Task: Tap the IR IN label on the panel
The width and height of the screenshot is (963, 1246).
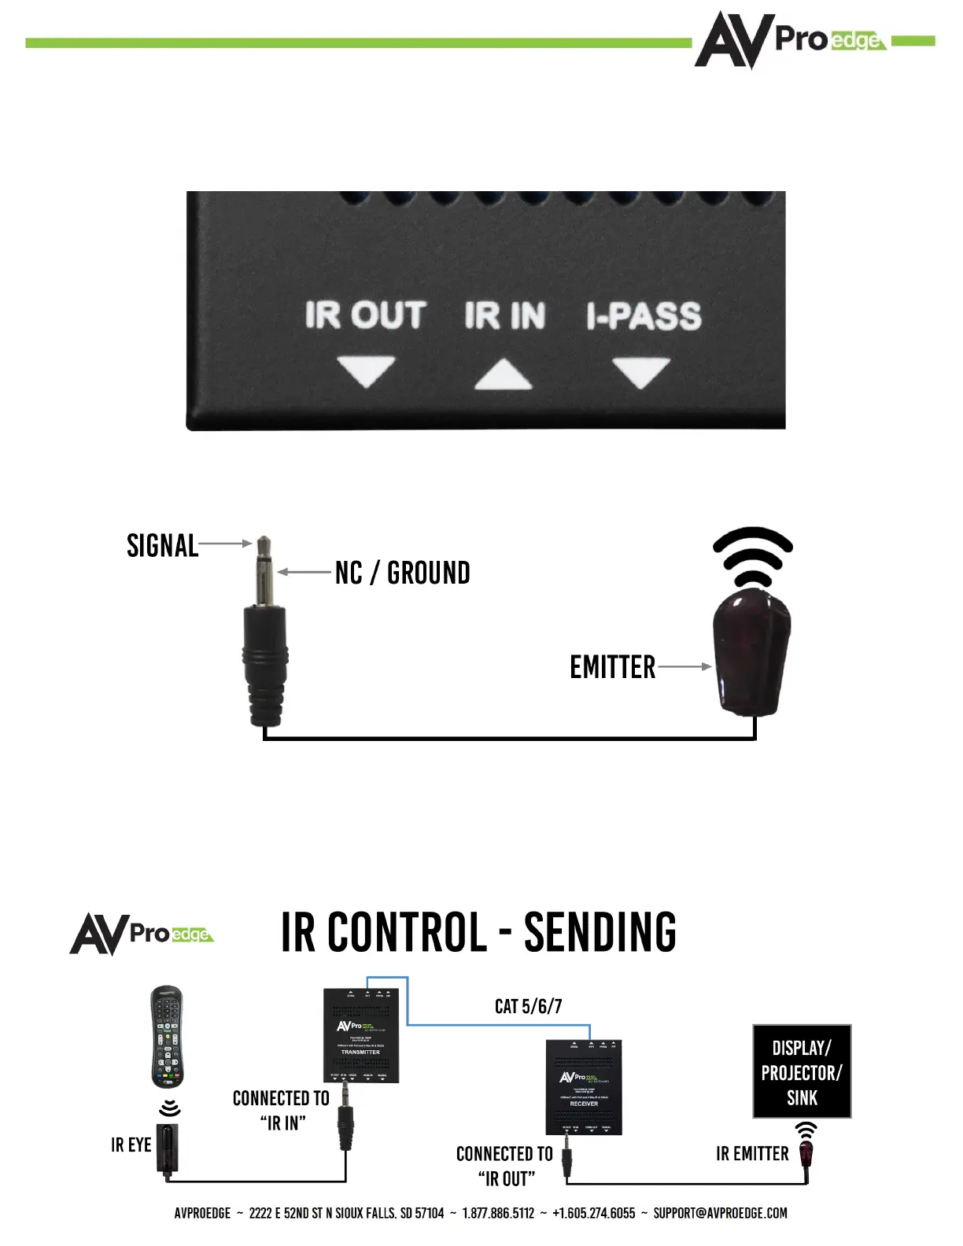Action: [x=504, y=315]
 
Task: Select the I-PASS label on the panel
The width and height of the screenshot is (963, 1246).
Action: [x=644, y=316]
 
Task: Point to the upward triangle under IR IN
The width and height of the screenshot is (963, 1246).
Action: [x=504, y=376]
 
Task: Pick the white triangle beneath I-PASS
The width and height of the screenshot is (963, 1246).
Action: [x=641, y=370]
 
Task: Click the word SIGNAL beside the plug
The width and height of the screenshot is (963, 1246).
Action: [x=162, y=545]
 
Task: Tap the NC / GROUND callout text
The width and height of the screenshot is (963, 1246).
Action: [x=402, y=573]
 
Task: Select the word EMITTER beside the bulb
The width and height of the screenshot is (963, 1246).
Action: [x=612, y=667]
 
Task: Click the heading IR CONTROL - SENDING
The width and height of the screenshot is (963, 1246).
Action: [x=478, y=932]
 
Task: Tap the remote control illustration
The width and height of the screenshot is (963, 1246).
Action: [x=167, y=1036]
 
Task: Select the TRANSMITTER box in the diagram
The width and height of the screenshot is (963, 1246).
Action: [x=361, y=1035]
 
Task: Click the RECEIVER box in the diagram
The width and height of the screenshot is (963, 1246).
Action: [x=584, y=1087]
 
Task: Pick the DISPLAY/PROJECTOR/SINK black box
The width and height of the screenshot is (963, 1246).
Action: [x=802, y=1071]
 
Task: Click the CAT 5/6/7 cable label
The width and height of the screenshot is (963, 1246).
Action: [x=528, y=1006]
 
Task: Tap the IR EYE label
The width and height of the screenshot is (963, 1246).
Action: [x=131, y=1145]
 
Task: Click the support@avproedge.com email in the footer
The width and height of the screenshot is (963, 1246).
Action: [x=720, y=1213]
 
